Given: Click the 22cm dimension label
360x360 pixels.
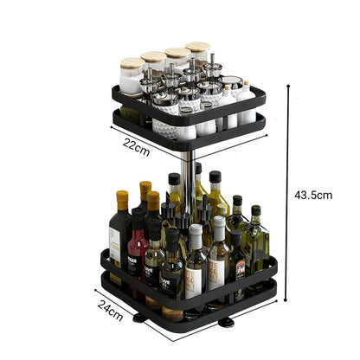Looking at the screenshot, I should click(137, 150).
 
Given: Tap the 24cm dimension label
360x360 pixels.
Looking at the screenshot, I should click(108, 307).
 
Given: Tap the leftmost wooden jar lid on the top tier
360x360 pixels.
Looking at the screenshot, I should click(132, 63).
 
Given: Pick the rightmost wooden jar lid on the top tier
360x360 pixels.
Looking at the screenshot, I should click(198, 48).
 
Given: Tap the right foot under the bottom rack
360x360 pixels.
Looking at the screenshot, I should click(225, 323).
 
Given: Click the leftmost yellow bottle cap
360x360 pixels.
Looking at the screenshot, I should click(122, 200).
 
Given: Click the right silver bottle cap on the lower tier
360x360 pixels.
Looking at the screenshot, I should click(218, 227).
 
